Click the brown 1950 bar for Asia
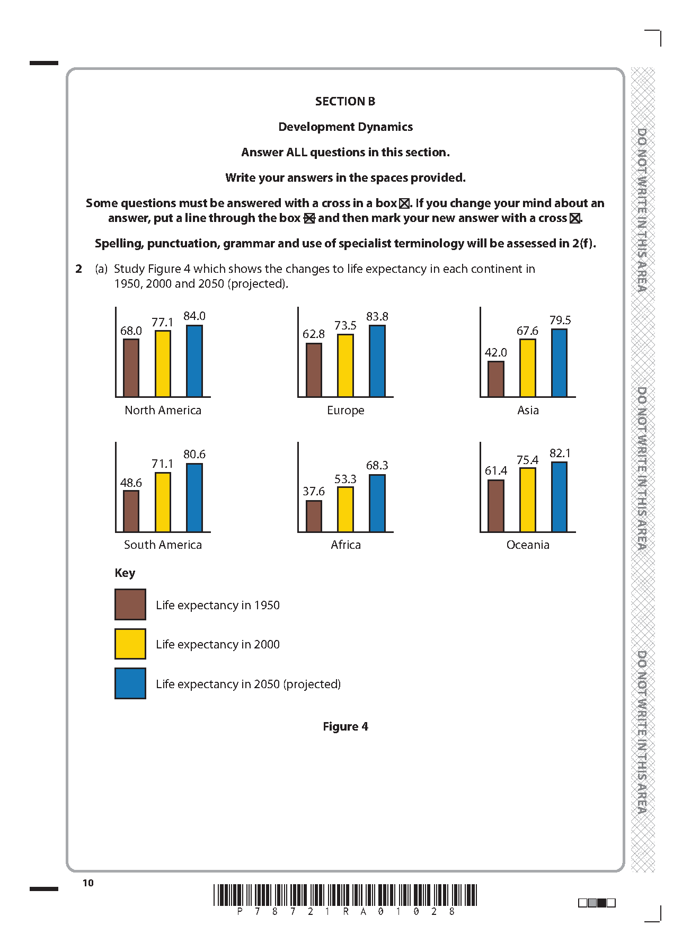(x=496, y=379)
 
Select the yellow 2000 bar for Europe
(x=345, y=366)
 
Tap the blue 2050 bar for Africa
(x=377, y=503)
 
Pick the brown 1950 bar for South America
(x=131, y=511)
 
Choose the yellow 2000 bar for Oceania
(x=528, y=500)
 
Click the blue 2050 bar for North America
(x=194, y=361)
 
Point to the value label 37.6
(x=314, y=492)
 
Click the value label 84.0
(x=194, y=316)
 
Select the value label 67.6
(x=527, y=331)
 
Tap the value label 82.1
(x=560, y=453)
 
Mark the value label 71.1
(x=162, y=464)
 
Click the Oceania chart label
(x=528, y=545)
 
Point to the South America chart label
(x=163, y=545)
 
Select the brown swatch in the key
(x=130, y=604)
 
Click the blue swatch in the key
(x=130, y=683)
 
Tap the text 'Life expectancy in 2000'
(x=218, y=645)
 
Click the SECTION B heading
(x=345, y=101)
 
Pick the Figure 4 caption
(x=345, y=727)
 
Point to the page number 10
(x=88, y=883)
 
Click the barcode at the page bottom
(x=345, y=895)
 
